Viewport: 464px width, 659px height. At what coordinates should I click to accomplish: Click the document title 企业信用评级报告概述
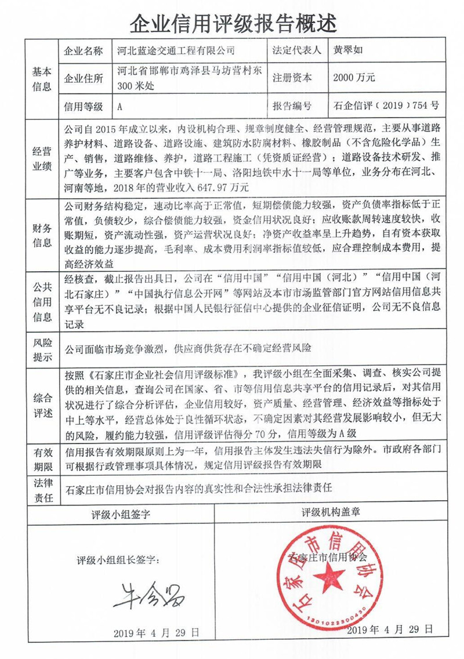232,23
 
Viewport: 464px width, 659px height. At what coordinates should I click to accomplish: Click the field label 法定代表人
296,50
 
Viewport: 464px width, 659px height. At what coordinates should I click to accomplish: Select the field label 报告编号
292,106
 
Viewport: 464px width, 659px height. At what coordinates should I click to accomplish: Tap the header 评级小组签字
121,514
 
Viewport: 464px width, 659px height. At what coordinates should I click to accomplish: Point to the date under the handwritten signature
157,631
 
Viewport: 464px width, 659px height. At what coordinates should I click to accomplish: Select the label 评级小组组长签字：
117,561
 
